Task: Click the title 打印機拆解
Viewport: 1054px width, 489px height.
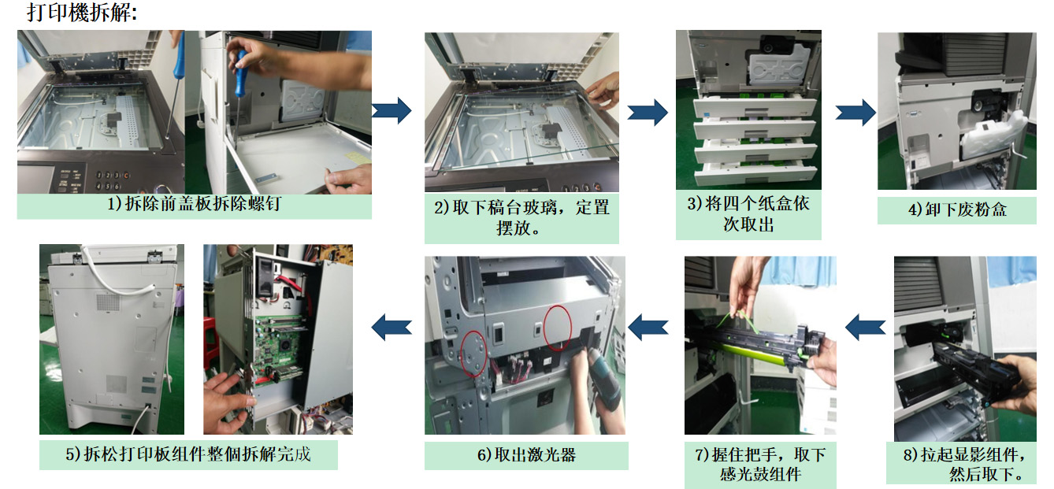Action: click(82, 13)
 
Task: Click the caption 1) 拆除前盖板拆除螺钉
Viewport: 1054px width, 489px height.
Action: click(195, 204)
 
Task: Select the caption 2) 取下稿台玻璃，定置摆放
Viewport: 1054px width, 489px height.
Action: click(521, 217)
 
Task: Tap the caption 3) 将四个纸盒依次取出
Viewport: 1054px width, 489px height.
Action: click(748, 214)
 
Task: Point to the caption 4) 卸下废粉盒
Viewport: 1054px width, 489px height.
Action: click(957, 209)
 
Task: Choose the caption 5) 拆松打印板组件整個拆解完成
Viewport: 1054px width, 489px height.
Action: click(188, 454)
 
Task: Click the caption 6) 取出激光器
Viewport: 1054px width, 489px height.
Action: click(526, 454)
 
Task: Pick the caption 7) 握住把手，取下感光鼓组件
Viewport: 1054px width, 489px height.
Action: click(760, 464)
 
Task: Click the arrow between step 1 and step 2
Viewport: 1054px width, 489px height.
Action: click(392, 110)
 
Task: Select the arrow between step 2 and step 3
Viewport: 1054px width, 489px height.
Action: click(648, 113)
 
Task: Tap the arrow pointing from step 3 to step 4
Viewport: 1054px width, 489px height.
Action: click(855, 113)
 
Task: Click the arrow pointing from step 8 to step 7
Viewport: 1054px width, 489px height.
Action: click(865, 327)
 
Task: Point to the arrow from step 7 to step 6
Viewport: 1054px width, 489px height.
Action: click(648, 327)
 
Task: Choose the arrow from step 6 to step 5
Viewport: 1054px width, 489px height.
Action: click(392, 327)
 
